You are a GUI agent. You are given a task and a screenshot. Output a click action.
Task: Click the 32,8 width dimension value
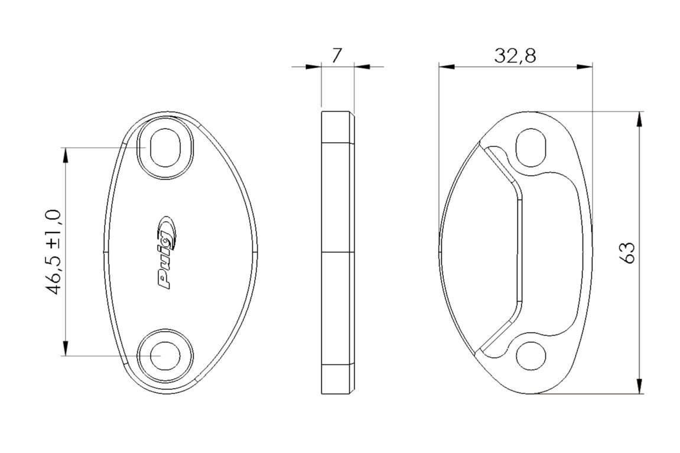[515, 56]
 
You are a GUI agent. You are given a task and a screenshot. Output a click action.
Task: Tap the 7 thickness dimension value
[337, 56]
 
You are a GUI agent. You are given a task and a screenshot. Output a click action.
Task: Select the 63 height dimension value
[627, 252]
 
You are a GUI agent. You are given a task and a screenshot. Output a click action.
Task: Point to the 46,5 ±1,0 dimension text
[54, 252]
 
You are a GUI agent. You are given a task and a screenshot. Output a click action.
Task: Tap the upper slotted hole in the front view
[165, 147]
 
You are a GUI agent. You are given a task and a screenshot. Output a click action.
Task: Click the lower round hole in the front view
[165, 356]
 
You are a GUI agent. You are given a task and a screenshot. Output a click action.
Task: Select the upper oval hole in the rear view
[531, 147]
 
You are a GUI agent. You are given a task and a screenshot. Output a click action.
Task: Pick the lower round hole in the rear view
[531, 356]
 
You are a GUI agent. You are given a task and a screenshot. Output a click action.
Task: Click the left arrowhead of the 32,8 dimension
[446, 67]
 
